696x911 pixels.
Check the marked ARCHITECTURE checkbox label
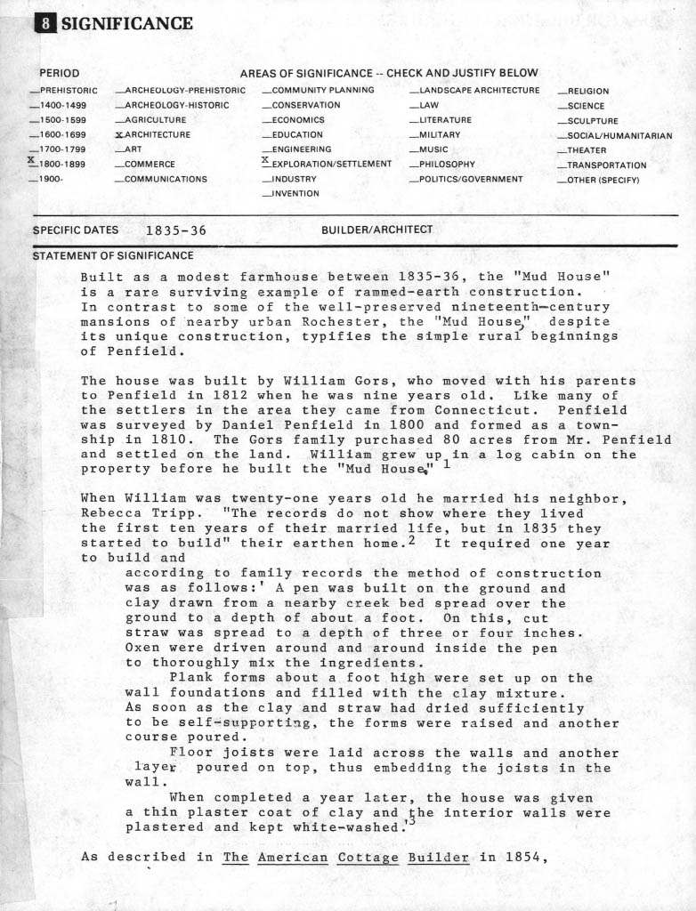(x=157, y=134)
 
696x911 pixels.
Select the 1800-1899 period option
(x=61, y=164)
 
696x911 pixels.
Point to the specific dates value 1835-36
(x=176, y=230)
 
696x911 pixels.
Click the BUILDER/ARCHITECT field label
(x=376, y=230)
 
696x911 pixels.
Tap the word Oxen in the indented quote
(x=144, y=648)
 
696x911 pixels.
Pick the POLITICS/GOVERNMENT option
(x=471, y=179)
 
